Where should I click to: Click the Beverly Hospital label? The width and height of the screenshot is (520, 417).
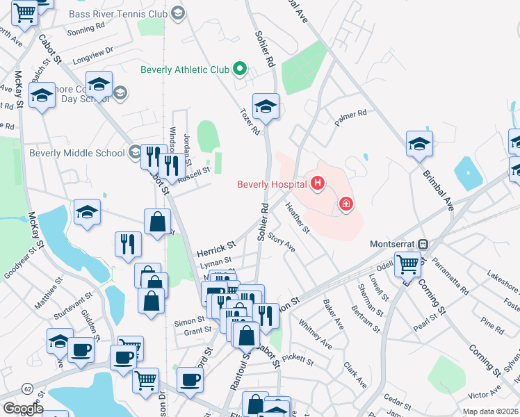[272, 184]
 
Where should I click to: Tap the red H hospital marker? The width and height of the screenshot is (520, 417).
[318, 183]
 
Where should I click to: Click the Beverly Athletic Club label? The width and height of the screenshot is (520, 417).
[185, 69]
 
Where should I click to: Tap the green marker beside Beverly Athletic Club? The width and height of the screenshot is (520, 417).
[240, 69]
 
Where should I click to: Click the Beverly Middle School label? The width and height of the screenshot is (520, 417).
[77, 153]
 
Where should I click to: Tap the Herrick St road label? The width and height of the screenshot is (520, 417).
[216, 246]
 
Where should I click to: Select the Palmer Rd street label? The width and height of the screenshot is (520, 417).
[350, 117]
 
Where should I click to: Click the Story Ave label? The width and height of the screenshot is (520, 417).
[282, 243]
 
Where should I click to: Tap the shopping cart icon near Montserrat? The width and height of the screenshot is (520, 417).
[407, 263]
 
